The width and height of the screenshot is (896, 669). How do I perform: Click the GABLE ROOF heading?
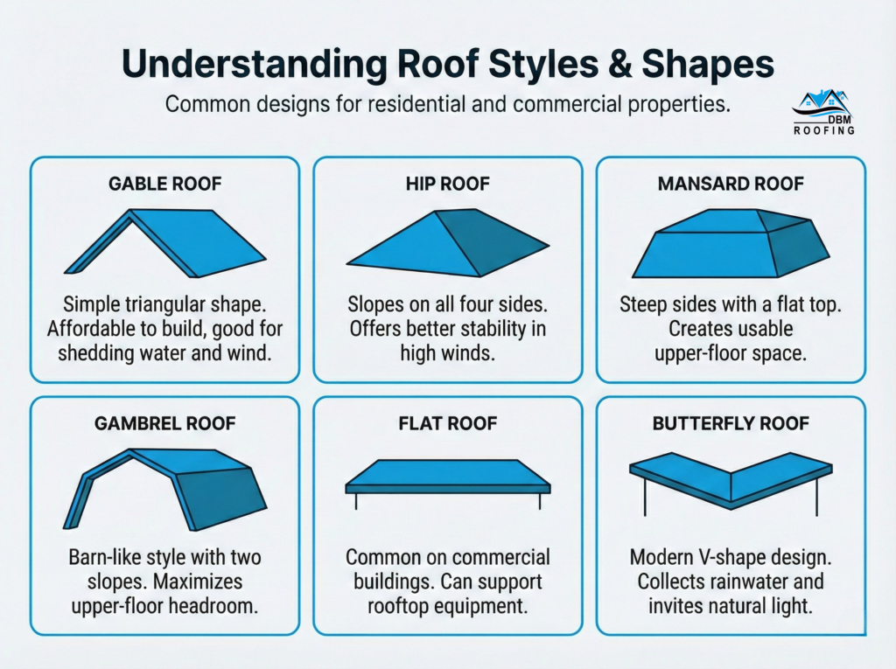click(x=164, y=184)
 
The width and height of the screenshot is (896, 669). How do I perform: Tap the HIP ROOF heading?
click(x=447, y=184)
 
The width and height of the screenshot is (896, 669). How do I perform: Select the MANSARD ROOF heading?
click(x=731, y=184)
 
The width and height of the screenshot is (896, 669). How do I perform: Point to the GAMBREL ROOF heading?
click(x=164, y=423)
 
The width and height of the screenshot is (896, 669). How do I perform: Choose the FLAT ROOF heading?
click(x=447, y=423)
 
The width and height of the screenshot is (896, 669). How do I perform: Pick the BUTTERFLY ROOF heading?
click(x=731, y=423)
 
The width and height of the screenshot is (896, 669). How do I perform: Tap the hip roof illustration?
click(x=447, y=243)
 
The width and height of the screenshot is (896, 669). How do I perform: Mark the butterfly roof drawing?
click(x=731, y=483)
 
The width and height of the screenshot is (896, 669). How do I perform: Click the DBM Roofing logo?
click(x=823, y=112)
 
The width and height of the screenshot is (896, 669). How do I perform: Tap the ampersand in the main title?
click(x=620, y=64)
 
